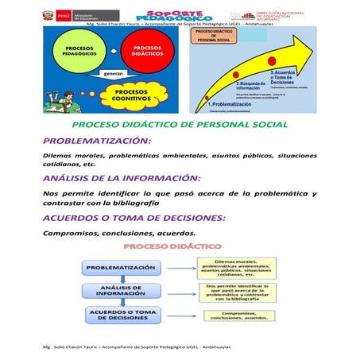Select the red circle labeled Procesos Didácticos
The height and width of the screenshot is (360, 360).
point(149,52)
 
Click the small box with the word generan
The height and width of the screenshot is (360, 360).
point(111,73)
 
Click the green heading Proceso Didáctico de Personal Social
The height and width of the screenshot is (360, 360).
point(180,126)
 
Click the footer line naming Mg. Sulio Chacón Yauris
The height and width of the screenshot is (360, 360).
point(137,347)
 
